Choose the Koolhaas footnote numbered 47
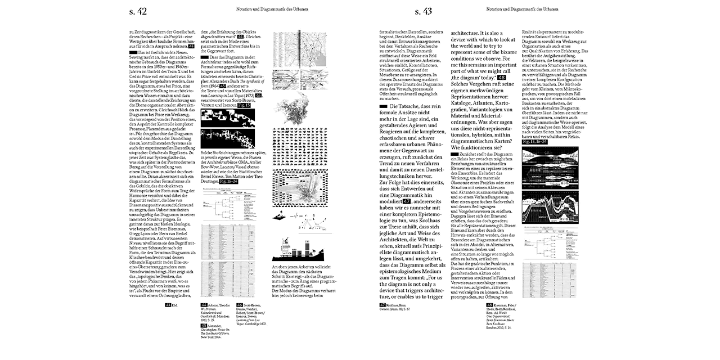[392, 307]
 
